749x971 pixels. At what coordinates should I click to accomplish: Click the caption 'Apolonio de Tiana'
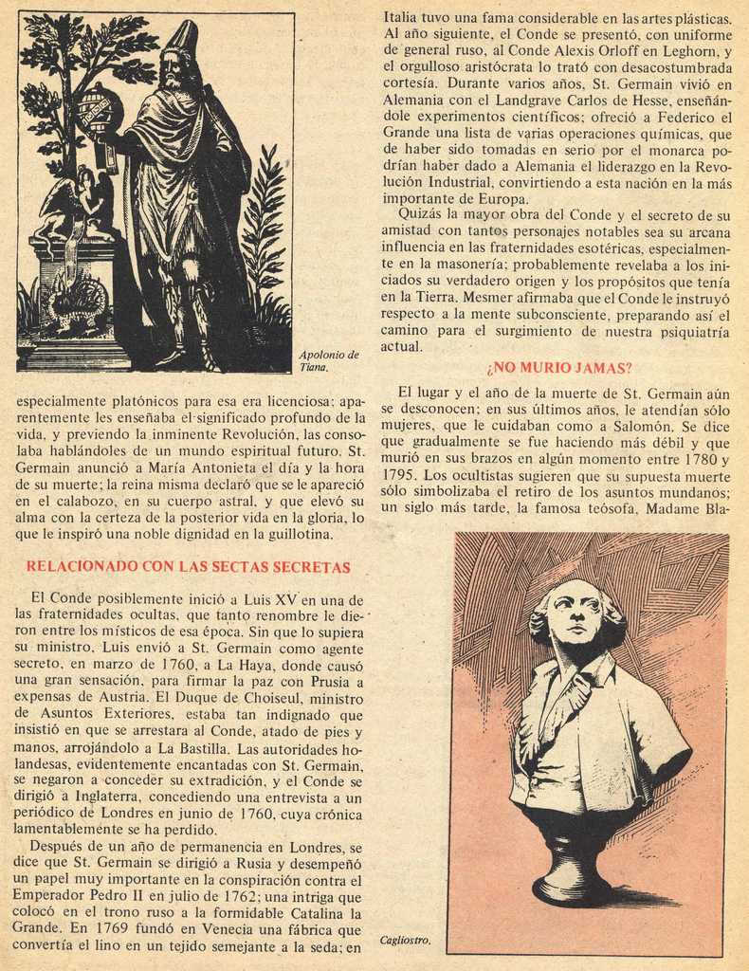328,360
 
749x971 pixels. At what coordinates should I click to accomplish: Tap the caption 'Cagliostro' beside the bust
405,941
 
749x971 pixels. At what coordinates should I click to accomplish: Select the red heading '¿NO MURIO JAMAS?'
558,368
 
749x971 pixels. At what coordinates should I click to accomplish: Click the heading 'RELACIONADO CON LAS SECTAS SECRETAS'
188,567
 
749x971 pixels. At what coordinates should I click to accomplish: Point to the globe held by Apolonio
98,109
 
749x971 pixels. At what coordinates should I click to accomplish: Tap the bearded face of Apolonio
173,71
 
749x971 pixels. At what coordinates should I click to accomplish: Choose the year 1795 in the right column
399,474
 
